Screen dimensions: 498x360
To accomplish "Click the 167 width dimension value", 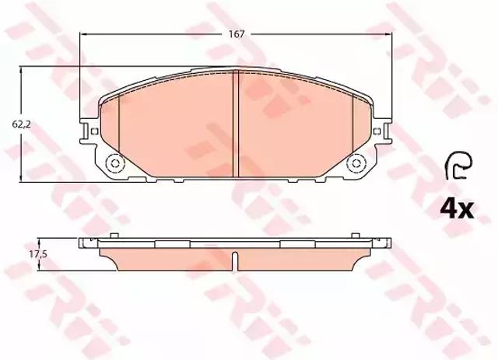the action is click(x=237, y=34).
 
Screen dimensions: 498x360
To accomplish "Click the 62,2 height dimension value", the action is click(x=21, y=124).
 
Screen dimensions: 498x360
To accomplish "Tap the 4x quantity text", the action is click(x=457, y=209).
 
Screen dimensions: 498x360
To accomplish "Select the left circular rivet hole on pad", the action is click(x=115, y=164).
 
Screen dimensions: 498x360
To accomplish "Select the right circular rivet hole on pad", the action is click(x=356, y=164).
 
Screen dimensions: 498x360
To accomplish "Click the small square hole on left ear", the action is click(x=94, y=131).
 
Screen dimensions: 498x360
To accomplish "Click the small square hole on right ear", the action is click(x=377, y=131).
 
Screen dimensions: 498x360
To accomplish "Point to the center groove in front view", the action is click(x=236, y=124).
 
